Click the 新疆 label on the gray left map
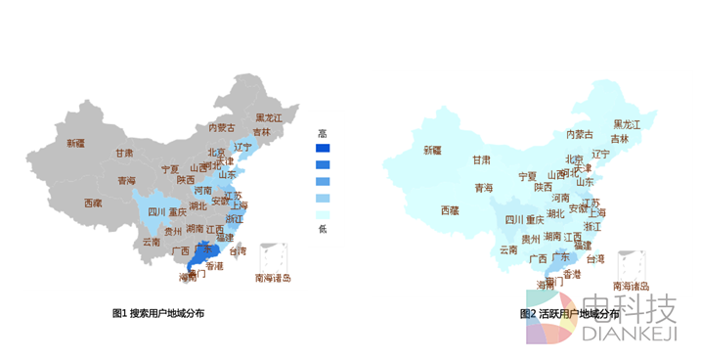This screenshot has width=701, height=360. (x=75, y=143)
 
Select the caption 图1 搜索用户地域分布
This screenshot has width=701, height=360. (x=158, y=313)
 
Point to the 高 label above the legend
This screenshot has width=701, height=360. (x=322, y=134)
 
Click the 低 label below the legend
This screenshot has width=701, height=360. (x=322, y=229)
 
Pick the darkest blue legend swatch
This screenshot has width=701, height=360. (x=323, y=149)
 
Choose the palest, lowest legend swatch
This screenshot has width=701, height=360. (x=323, y=214)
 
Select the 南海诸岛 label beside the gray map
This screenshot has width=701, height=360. (x=273, y=278)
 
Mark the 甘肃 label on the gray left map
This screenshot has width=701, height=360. (x=124, y=153)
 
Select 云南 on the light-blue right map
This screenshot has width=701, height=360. (x=508, y=249)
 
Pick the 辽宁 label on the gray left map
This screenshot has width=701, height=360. (x=243, y=147)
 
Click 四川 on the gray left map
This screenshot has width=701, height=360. (x=156, y=211)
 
